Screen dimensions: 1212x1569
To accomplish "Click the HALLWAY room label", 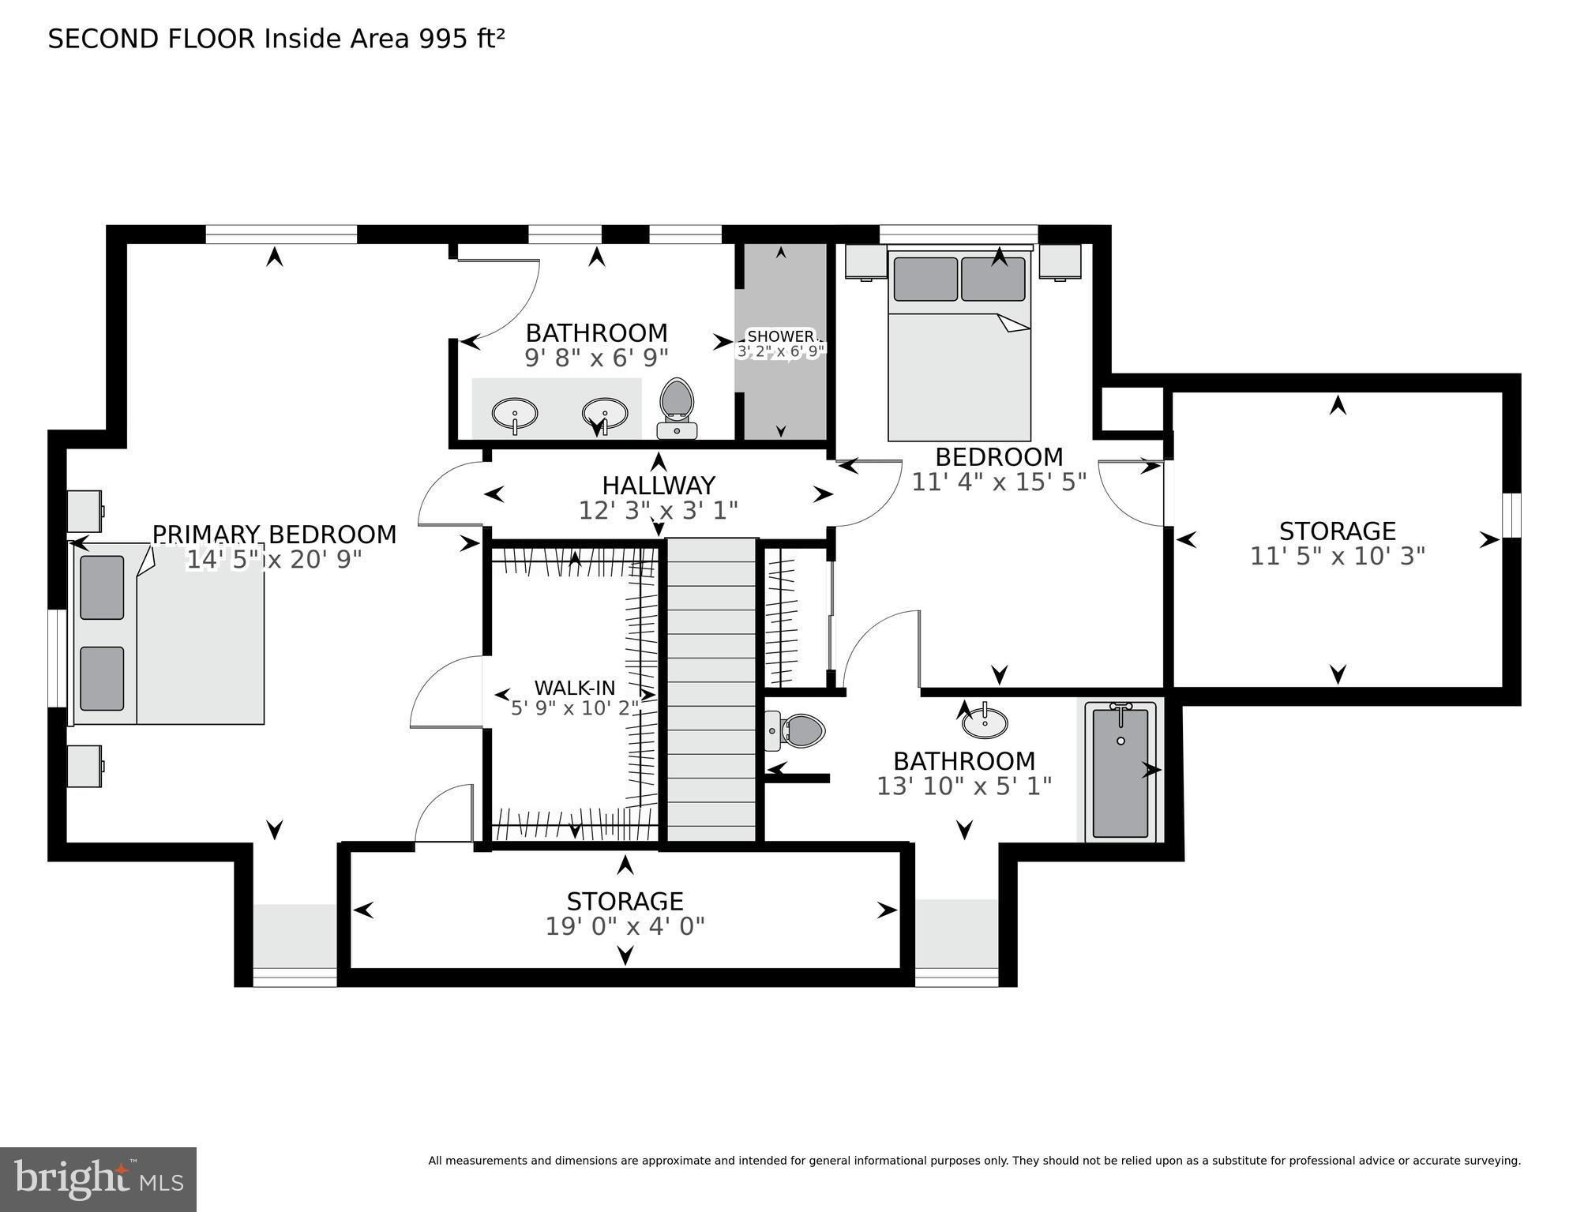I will [x=658, y=485].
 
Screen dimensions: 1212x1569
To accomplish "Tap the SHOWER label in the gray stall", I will [x=780, y=336].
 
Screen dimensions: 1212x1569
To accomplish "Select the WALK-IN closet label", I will [x=574, y=687].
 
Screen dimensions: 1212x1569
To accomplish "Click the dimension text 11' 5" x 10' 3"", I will [x=1337, y=557].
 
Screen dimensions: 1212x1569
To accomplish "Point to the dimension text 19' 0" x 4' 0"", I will [x=625, y=926].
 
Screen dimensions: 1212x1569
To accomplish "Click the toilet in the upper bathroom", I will [x=677, y=407].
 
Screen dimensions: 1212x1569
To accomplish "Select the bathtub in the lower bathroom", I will [x=1120, y=772].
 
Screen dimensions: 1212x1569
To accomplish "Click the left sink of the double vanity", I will [x=515, y=413].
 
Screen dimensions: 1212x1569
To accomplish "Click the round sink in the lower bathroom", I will [x=985, y=722].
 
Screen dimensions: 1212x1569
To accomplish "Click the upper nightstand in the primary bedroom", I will [x=84, y=511].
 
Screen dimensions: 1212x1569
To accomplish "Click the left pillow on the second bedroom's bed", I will [x=925, y=279].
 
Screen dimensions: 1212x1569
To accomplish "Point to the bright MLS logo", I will [x=98, y=1179].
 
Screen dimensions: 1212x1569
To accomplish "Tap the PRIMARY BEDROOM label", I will [x=274, y=535].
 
